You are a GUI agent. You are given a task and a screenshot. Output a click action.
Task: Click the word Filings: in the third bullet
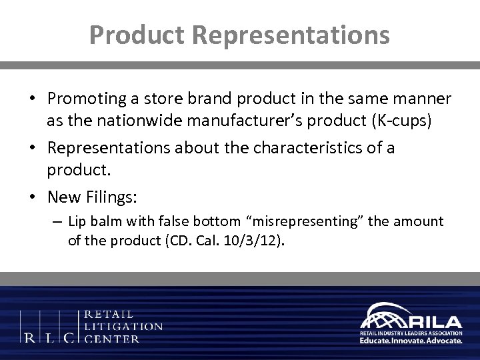tap(103, 198)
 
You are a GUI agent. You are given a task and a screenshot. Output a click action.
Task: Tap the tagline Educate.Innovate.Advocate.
tap(411, 339)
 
